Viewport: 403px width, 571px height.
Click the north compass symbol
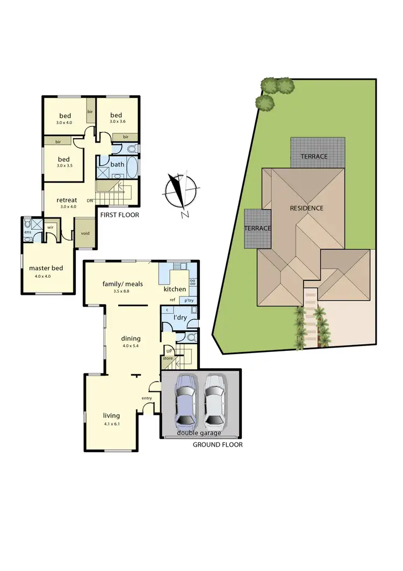pos(179,193)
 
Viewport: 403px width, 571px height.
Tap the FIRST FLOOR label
pos(119,215)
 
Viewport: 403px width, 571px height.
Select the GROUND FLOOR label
pos(218,445)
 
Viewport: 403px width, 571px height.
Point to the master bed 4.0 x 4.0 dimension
pos(47,276)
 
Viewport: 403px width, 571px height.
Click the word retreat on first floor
pos(68,200)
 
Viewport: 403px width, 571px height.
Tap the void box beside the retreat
pos(85,233)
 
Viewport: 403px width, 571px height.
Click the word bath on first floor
pos(118,164)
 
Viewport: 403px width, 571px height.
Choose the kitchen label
pos(175,289)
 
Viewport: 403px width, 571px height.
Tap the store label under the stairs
pos(167,358)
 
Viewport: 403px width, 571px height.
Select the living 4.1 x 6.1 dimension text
pos(111,424)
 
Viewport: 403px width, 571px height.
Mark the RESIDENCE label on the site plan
pos(307,208)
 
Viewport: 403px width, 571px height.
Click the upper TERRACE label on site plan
pos(314,157)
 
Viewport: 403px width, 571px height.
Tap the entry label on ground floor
pos(147,398)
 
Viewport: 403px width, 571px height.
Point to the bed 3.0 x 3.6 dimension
pos(117,122)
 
